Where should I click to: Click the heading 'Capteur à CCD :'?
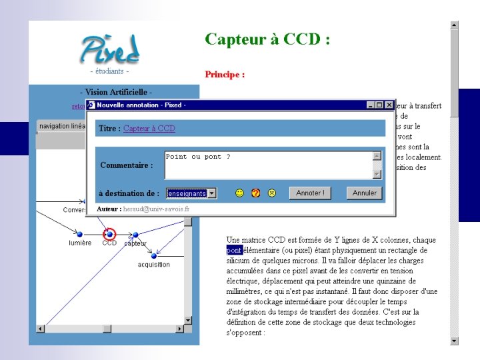(267, 39)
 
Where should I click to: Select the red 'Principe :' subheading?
(225, 74)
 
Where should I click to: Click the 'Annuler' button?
(364, 193)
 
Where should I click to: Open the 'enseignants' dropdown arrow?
(211, 193)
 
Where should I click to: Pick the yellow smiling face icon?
(239, 193)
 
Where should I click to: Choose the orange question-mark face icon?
(255, 193)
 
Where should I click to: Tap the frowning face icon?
(272, 193)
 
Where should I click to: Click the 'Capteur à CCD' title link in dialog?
(149, 129)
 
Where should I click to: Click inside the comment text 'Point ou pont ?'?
(198, 157)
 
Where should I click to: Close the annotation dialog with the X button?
(389, 105)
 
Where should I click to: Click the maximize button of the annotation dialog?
(380, 105)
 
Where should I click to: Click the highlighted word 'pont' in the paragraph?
(234, 250)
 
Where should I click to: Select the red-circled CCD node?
(109, 234)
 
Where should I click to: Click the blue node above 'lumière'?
(80, 235)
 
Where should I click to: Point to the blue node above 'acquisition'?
(153, 255)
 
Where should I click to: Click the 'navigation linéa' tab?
(62, 126)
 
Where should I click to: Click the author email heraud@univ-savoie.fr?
(157, 209)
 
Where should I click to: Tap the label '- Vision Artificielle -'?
(116, 92)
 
